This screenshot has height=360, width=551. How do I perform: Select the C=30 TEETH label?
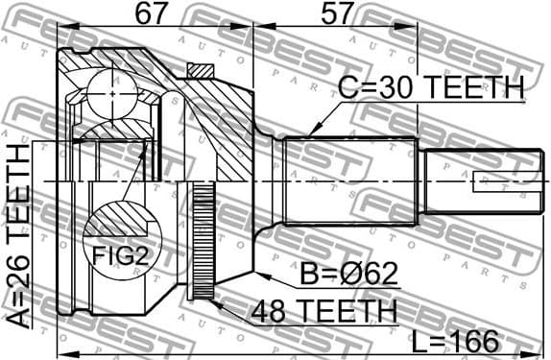pyautogui.click(x=431, y=87)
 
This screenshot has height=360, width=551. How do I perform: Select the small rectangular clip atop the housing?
pyautogui.click(x=202, y=70)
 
